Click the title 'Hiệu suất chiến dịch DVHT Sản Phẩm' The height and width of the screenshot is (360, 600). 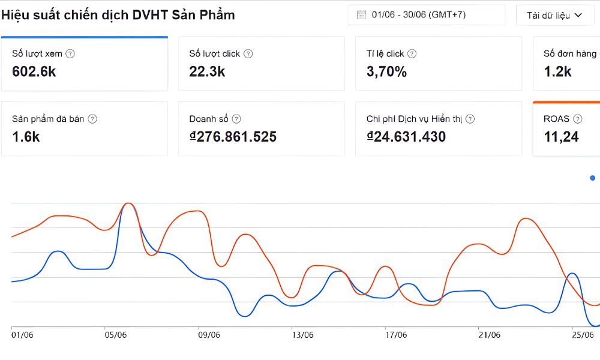coord(118,16)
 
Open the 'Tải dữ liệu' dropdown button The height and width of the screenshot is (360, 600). coord(554,16)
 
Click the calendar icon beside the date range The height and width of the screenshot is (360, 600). coord(361,15)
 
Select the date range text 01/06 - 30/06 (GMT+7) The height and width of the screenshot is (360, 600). coord(419,15)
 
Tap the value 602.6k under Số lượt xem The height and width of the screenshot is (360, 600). coord(34,71)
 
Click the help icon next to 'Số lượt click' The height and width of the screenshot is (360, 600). coord(248,53)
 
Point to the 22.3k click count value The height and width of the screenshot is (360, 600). coord(207,71)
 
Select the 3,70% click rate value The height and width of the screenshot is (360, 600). coord(386,71)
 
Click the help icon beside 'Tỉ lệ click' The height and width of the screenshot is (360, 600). coord(412,53)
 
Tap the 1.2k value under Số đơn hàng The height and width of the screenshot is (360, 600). coord(557,71)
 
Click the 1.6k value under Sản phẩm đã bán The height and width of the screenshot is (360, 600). coord(26,137)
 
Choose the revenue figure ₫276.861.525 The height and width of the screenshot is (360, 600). coord(233,137)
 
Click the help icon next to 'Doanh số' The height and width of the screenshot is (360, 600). coord(236,119)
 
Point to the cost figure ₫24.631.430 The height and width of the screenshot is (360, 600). coord(406,137)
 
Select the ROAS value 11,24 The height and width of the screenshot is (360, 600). coord(561,137)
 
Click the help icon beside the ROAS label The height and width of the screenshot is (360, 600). coord(577,119)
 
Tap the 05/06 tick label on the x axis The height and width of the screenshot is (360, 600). coord(116,335)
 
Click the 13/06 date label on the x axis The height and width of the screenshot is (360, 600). coord(302,335)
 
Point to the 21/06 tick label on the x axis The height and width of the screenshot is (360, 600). coord(490,335)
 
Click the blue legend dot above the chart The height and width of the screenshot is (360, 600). coord(593,178)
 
